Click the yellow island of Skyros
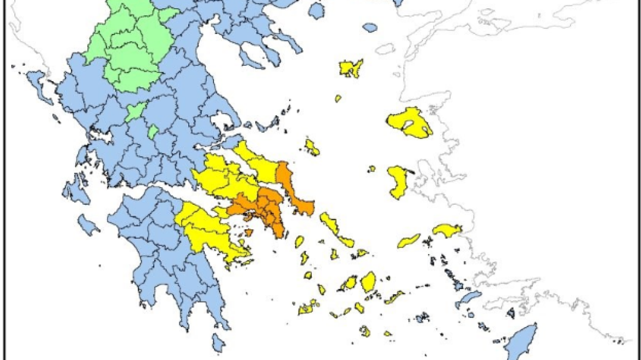312,147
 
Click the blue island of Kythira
218,343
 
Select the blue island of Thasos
316,9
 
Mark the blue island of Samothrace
370,27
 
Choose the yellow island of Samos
447,229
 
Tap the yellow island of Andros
329,222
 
